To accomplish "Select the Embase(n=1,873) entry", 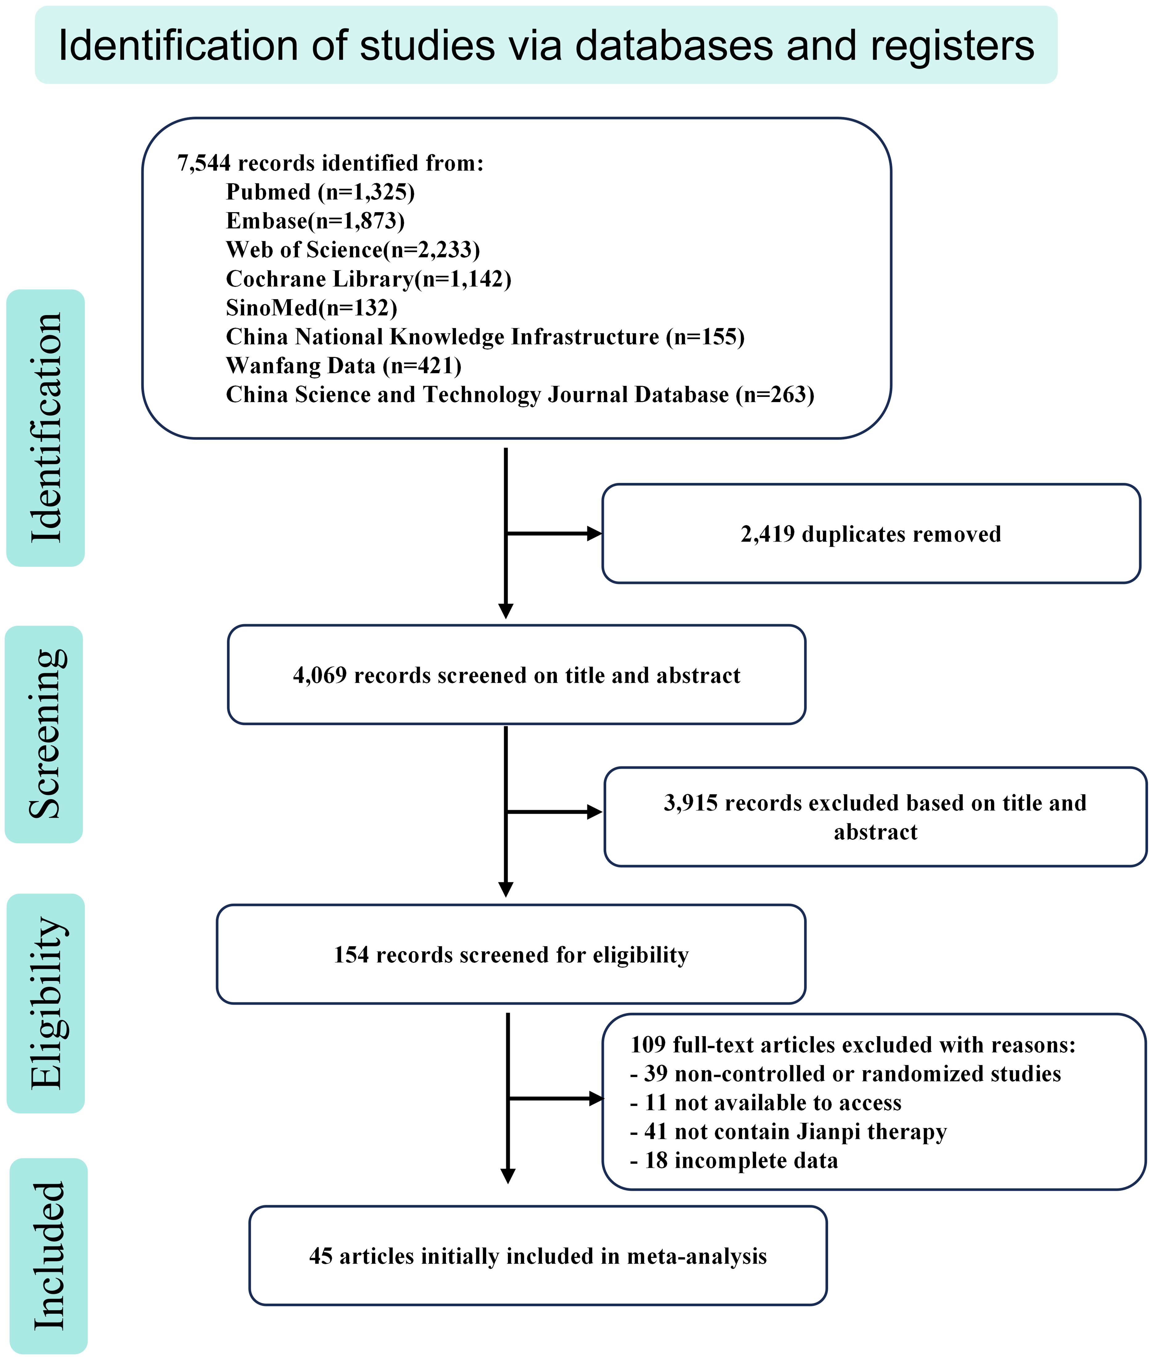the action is (315, 221).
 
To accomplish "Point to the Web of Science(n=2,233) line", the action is (353, 250).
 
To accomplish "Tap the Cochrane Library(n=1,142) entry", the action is (369, 279).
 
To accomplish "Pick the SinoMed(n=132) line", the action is (311, 307).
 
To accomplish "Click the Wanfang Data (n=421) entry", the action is (344, 366).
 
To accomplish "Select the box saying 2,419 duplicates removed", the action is (871, 534).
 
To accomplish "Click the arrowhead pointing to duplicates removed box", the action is (594, 534).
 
